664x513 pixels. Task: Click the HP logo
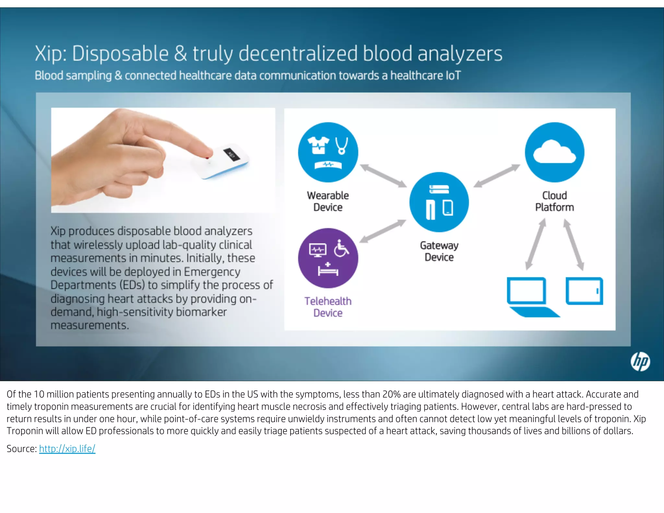pos(640,361)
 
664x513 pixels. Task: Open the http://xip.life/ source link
pos(67,449)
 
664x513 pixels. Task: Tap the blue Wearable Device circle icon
pos(328,152)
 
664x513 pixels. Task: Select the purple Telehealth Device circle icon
pos(328,258)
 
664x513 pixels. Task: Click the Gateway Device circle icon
pos(439,202)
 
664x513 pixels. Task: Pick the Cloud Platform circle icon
pos(554,152)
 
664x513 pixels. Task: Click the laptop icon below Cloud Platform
pos(530,296)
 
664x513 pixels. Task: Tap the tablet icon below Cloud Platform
pos(584,291)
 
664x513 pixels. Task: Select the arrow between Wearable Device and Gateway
pos(383,175)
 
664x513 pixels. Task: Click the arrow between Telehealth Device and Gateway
pos(383,231)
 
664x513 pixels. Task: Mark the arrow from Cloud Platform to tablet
pos(574,244)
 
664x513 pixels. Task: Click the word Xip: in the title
pos(51,54)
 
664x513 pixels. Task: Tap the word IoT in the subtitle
pos(453,76)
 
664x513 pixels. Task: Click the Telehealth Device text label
pos(328,307)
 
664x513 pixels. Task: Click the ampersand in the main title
pos(181,54)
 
